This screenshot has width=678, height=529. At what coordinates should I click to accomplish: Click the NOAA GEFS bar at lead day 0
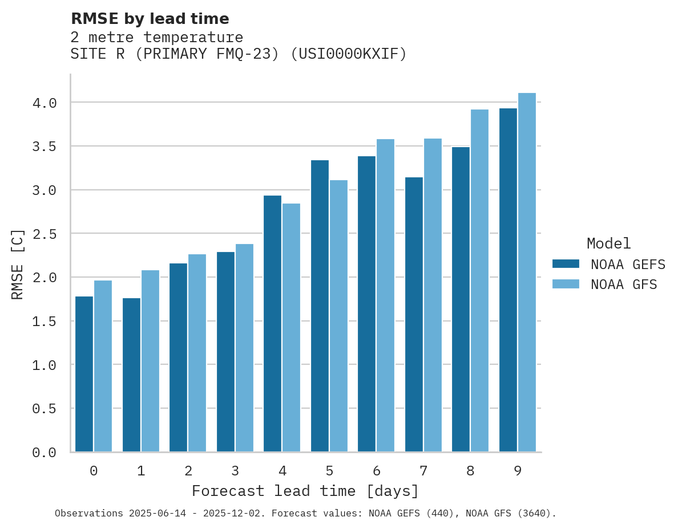coord(84,374)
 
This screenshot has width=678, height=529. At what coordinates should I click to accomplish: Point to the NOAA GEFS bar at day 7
coord(414,315)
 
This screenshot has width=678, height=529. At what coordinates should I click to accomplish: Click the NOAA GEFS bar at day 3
coord(225,352)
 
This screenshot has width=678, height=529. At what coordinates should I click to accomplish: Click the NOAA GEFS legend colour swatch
coord(566,264)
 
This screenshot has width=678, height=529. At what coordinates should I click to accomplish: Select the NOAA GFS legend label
coord(624,284)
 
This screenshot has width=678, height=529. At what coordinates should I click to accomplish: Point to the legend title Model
coord(608,243)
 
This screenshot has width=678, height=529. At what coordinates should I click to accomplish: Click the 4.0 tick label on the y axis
coord(45,103)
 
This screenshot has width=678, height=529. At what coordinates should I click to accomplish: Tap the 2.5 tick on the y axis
coord(45,234)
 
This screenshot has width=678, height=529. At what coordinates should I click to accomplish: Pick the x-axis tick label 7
coord(423,471)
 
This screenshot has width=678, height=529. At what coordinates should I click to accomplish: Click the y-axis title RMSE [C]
coord(18,264)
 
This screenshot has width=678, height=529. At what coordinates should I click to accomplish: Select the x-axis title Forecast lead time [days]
coord(305,491)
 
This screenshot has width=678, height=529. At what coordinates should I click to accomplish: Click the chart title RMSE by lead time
coord(150,19)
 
